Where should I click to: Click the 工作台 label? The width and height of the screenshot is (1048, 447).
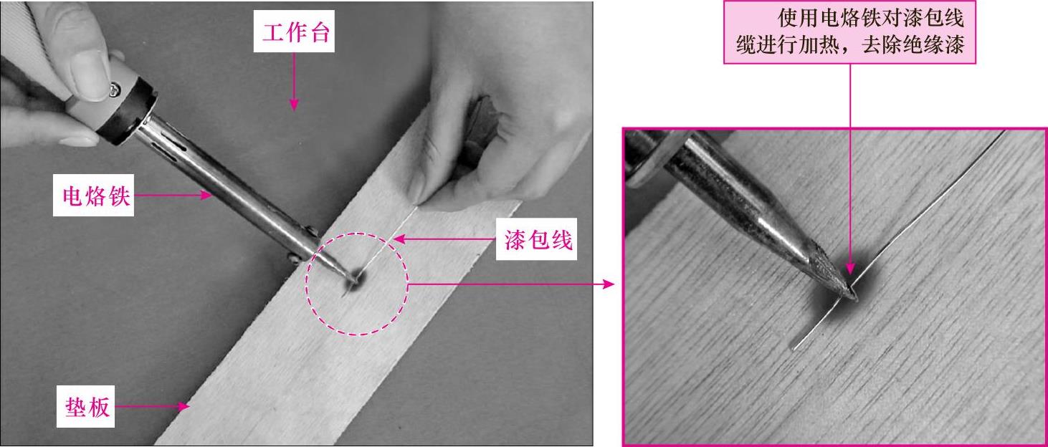click(x=294, y=32)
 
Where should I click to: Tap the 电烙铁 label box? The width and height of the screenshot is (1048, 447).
click(x=94, y=196)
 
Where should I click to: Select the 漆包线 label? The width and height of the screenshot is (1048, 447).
click(x=537, y=239)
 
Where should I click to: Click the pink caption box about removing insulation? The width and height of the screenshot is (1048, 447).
click(x=849, y=32)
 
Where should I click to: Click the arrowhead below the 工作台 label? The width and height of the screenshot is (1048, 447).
click(x=293, y=104)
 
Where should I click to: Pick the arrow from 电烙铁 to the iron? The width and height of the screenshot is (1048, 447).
click(x=173, y=195)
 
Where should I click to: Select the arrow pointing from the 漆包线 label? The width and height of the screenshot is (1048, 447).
click(x=444, y=239)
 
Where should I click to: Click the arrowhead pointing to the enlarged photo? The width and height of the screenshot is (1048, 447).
click(x=608, y=284)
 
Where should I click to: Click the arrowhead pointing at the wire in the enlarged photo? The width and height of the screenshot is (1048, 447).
click(x=850, y=268)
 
